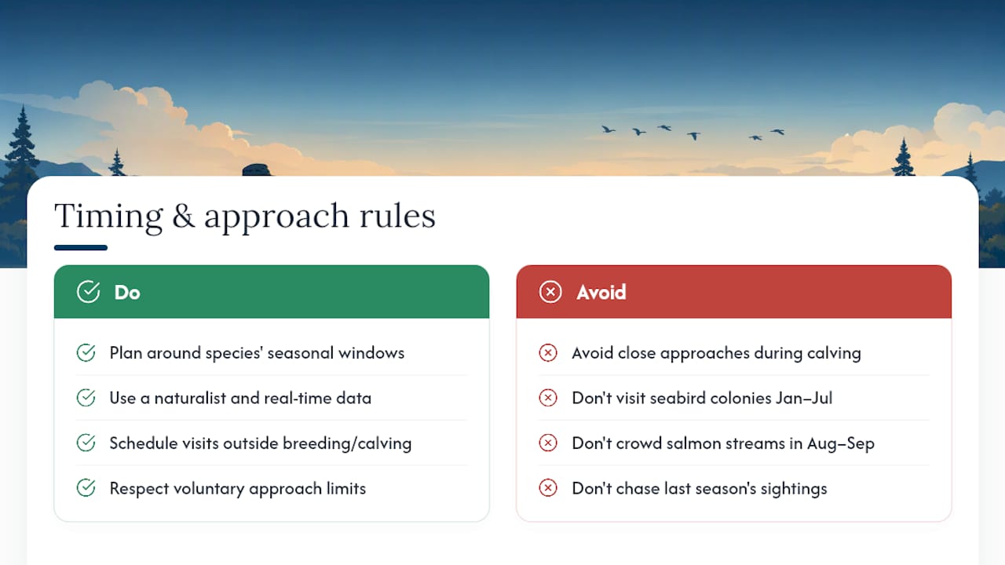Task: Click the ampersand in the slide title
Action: tap(184, 216)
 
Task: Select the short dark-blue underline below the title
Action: tap(81, 247)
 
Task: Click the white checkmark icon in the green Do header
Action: tap(89, 292)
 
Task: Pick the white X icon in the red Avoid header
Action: tap(550, 292)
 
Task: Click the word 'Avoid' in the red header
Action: tap(601, 293)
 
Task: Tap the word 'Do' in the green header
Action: tap(127, 293)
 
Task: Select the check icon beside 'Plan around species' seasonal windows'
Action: tap(86, 353)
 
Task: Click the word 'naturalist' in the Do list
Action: tap(190, 398)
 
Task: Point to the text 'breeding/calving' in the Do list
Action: tap(347, 444)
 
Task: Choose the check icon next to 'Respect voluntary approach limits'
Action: tap(86, 488)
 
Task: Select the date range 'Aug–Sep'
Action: tap(841, 444)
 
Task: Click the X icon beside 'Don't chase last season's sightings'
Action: tap(548, 488)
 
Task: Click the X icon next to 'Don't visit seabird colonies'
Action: tap(548, 398)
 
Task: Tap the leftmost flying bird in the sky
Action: tap(608, 129)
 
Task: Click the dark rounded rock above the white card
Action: tap(257, 169)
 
